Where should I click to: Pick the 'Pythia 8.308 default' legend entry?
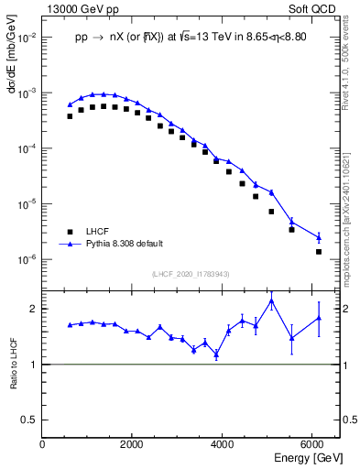pyautogui.click(x=125, y=244)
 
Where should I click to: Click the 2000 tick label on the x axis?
pyautogui.click(x=132, y=444)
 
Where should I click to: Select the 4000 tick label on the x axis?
pyautogui.click(x=222, y=444)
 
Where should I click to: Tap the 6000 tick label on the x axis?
pyautogui.click(x=311, y=444)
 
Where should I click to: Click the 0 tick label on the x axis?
pyautogui.click(x=43, y=444)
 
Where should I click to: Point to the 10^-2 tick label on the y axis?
pyautogui.click(x=27, y=38)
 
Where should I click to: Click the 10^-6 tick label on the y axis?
pyautogui.click(x=27, y=259)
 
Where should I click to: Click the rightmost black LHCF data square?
pyautogui.click(x=319, y=251)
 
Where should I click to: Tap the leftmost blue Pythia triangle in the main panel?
pyautogui.click(x=70, y=104)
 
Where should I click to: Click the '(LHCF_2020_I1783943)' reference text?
pyautogui.click(x=191, y=275)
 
